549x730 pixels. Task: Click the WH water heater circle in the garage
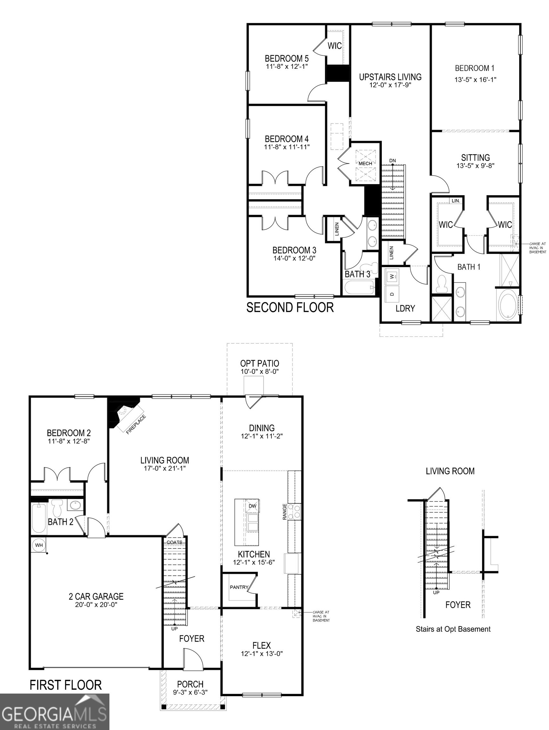(39, 545)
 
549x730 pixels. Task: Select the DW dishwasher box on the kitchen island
(252, 506)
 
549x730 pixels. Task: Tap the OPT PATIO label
(259, 363)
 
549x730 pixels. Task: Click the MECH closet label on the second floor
(365, 163)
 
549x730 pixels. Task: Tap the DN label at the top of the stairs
(392, 161)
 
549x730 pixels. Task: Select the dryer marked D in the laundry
(392, 293)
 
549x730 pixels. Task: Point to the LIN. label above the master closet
(455, 200)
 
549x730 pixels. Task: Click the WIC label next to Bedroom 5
(334, 46)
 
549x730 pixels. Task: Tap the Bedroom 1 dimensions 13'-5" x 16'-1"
(475, 80)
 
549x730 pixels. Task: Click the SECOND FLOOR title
(290, 307)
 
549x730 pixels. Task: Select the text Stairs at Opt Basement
(453, 629)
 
